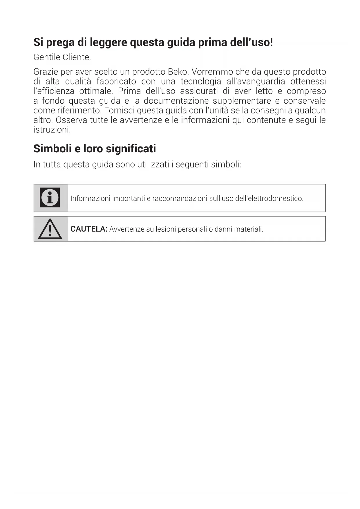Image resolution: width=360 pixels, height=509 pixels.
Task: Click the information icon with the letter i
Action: pos(50,198)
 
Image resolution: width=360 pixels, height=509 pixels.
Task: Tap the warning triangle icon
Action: pos(50,229)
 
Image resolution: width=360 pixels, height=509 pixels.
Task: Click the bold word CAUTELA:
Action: pos(89,229)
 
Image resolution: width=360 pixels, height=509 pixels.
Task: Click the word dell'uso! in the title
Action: pos(251,42)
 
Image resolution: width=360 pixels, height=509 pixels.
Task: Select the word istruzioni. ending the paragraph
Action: pos(52,130)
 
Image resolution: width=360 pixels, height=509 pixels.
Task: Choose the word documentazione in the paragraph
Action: pos(176,101)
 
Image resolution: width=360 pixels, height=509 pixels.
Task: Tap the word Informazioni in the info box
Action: pos(90,198)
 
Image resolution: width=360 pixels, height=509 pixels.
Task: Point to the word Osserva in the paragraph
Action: pos(71,120)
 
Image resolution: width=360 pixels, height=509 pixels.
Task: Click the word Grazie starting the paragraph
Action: pos(46,72)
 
